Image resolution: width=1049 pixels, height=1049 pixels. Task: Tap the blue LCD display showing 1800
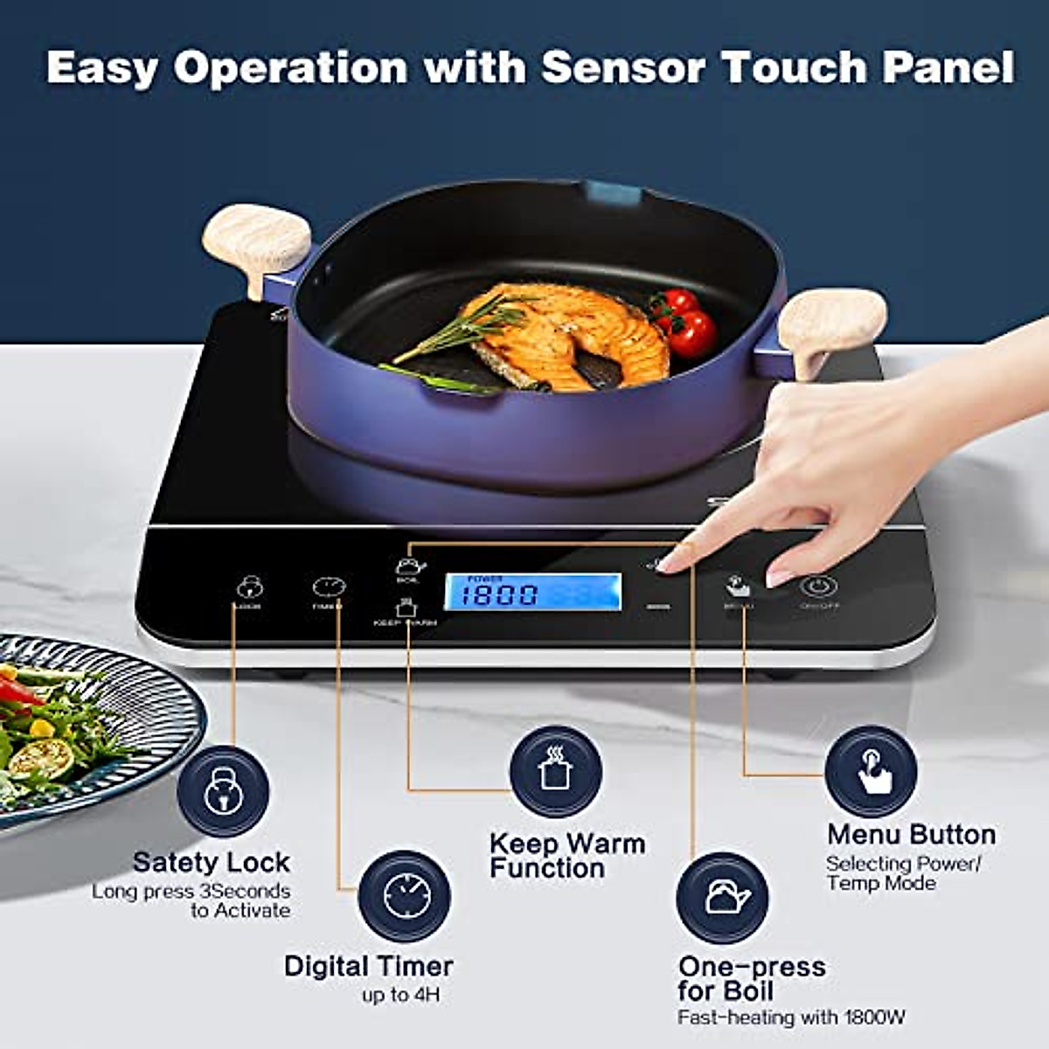(533, 592)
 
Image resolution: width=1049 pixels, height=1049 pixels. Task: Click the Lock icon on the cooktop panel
(249, 587)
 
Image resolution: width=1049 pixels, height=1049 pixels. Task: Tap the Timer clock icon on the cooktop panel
(329, 587)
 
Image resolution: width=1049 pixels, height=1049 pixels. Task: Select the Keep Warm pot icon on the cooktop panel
(405, 607)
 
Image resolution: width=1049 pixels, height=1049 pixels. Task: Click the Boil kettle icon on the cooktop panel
(409, 566)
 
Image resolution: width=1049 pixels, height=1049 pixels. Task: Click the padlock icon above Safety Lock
(223, 791)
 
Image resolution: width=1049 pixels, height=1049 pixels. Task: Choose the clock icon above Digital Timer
(405, 896)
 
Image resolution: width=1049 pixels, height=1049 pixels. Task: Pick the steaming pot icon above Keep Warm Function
(556, 771)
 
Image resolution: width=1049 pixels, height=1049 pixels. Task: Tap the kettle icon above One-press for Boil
(723, 898)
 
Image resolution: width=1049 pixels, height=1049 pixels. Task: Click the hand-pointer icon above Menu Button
(872, 771)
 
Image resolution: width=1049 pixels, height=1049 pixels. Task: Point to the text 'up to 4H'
(400, 995)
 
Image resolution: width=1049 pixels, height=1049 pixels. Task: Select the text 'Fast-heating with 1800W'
(791, 1018)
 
